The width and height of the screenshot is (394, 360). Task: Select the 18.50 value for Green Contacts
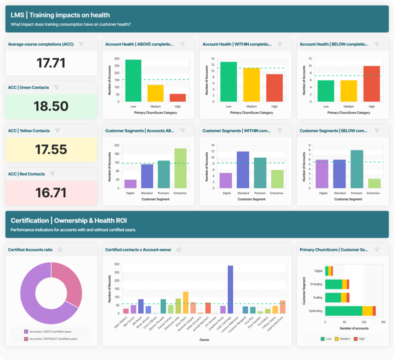point(51,106)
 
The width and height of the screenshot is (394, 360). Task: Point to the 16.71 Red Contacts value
point(51,192)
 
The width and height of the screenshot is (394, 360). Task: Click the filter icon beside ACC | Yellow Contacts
point(58,131)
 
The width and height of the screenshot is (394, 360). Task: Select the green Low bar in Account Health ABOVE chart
point(133,80)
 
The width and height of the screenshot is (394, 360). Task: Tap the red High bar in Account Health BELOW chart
point(371,83)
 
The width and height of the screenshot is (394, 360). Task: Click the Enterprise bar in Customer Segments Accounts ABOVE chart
point(180,168)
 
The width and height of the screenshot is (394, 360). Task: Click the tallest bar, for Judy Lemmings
point(230,289)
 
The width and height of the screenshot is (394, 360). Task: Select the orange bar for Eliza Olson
point(186,302)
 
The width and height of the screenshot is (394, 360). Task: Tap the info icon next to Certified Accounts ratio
point(60,249)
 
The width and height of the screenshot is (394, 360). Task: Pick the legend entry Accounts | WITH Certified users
point(50,331)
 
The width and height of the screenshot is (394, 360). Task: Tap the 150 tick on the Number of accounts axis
point(383,322)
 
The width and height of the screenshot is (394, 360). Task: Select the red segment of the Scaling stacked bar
point(348,297)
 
